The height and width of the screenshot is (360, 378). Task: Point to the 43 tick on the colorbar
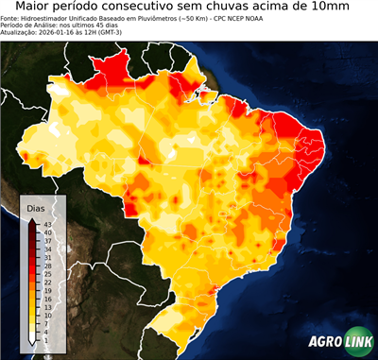[46, 224]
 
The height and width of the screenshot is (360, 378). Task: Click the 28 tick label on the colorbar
[46, 266]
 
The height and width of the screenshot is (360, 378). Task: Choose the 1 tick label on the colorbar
[46, 339]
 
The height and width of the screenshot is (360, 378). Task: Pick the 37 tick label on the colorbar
[46, 240]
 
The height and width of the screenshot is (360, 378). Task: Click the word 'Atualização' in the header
[19, 33]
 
